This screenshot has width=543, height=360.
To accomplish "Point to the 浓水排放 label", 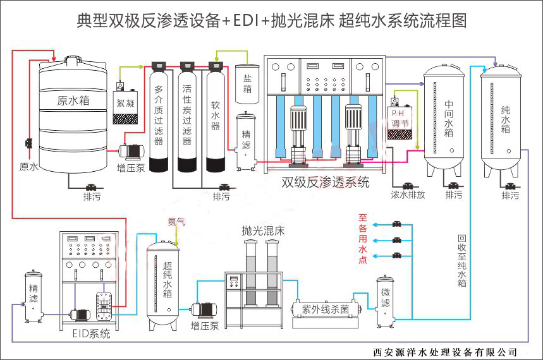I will [408, 195].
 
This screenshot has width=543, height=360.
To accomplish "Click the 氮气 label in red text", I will [176, 222].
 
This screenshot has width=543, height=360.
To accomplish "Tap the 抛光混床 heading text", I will [263, 231].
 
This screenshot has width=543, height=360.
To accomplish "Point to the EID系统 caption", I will [91, 333].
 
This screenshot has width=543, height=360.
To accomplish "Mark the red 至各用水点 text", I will [362, 237].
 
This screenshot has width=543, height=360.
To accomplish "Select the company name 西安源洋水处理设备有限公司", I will [445, 352].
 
